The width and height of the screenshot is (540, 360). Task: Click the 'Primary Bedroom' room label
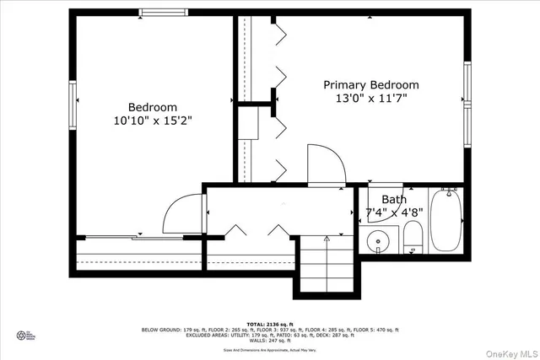coord(371,85)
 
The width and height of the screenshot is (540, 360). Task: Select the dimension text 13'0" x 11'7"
coord(371,99)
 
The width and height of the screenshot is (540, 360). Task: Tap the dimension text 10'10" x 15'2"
coord(153,121)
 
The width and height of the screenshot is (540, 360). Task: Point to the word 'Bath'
coord(393,200)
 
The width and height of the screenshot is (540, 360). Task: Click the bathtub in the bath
coord(444,221)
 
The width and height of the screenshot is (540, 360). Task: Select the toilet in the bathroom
coord(413,237)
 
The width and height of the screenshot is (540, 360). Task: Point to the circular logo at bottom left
coord(23,335)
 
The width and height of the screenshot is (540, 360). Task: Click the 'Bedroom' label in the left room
coord(153,107)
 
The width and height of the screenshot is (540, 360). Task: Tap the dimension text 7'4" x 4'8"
coord(393,212)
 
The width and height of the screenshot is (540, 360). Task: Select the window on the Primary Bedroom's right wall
coord(467,105)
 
